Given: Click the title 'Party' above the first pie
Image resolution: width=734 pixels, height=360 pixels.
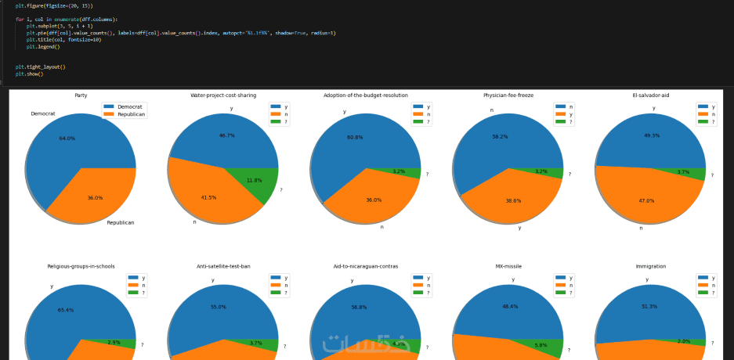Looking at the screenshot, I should click(81, 95).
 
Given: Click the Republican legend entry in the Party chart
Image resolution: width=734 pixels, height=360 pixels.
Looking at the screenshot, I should click(131, 114).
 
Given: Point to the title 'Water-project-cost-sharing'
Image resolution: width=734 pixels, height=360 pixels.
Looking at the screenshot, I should click(223, 95).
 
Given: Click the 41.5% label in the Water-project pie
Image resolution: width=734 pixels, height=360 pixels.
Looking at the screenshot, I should click(208, 197).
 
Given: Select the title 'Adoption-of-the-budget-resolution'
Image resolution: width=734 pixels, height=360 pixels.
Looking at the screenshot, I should click(366, 95).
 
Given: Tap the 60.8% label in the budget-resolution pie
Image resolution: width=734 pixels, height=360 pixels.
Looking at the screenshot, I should click(355, 138).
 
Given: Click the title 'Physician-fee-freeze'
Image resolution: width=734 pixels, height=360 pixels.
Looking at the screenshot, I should click(508, 95).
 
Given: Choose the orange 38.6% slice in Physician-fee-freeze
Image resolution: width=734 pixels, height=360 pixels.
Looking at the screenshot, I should click(512, 201).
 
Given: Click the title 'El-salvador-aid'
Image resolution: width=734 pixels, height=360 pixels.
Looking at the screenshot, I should click(651, 95).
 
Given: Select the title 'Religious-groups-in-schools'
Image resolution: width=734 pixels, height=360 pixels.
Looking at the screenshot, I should click(81, 266).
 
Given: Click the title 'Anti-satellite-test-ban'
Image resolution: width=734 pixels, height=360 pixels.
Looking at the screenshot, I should click(223, 266).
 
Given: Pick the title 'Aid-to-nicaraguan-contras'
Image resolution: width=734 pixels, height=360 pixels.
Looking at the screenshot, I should click(366, 266).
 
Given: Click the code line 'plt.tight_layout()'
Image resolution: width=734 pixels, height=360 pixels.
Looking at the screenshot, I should click(40, 67).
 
